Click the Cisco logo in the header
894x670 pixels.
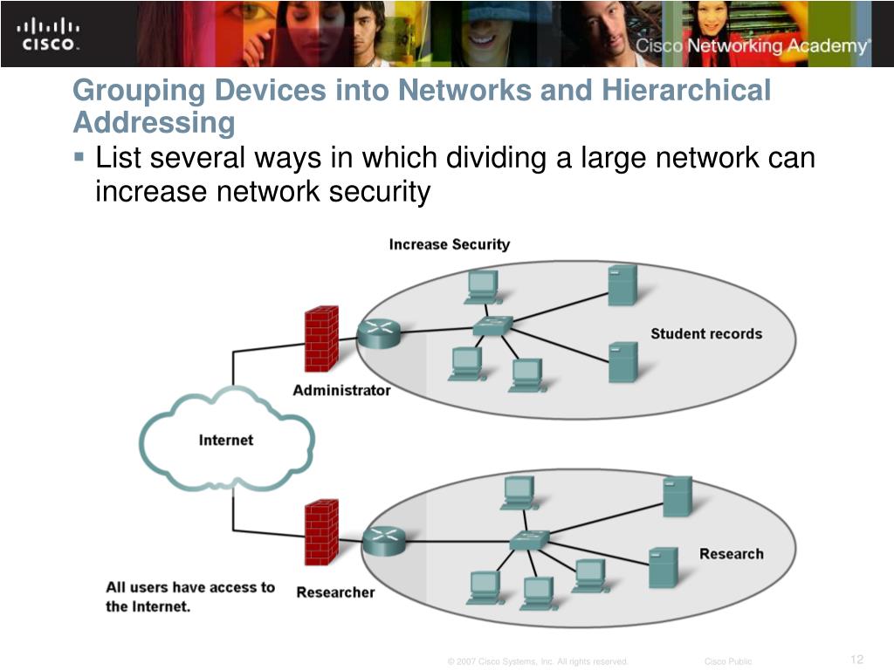pos(48,33)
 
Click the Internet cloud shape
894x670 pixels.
pos(225,440)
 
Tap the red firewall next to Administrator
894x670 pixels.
pos(320,338)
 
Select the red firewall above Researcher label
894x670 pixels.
pos(321,532)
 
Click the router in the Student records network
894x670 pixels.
pos(378,333)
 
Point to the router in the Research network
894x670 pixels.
pos(384,541)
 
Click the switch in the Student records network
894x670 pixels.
pos(492,326)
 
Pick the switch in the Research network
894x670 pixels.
pos(529,539)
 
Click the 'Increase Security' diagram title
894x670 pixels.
pos(449,244)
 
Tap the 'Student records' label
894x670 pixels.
pos(705,333)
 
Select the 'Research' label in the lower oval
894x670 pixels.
pos(731,553)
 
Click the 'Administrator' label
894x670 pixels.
pos(341,390)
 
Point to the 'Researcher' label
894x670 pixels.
pos(335,592)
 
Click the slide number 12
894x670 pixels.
pos(856,659)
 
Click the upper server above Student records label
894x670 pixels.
pos(622,284)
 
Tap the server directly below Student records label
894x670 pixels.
pos(622,362)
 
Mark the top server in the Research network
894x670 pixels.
pos(677,496)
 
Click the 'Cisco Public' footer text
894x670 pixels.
pos(727,662)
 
